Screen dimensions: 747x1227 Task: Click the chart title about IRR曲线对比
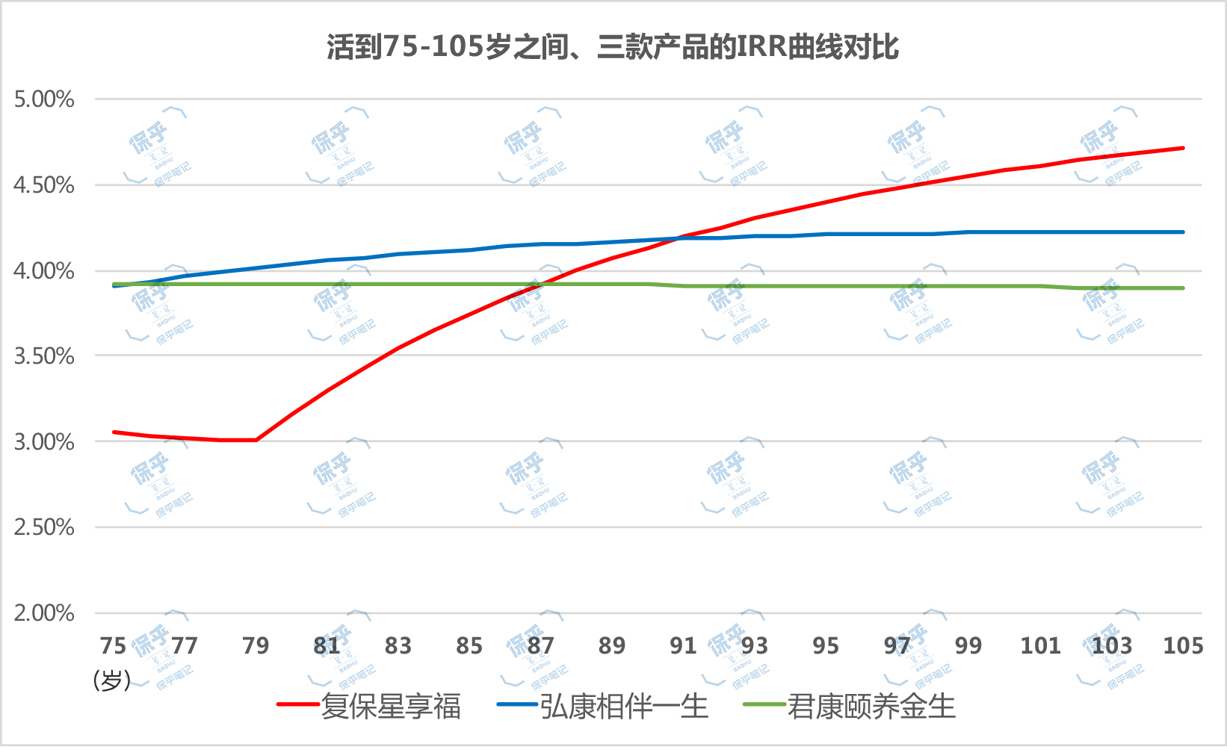pyautogui.click(x=613, y=47)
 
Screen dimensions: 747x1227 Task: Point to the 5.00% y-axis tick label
pyautogui.click(x=44, y=99)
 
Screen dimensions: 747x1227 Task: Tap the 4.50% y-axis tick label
pyautogui.click(x=44, y=185)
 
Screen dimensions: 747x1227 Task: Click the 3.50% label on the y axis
pyautogui.click(x=44, y=356)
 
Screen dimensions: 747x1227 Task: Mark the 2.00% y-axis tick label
pyautogui.click(x=44, y=613)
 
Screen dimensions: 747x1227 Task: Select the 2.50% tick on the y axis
pyautogui.click(x=44, y=527)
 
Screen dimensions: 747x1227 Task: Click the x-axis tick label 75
pyautogui.click(x=113, y=645)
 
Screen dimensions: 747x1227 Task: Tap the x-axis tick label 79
pyautogui.click(x=256, y=645)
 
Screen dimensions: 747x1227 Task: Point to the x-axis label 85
pyautogui.click(x=469, y=645)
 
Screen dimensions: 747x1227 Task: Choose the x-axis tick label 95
pyautogui.click(x=826, y=645)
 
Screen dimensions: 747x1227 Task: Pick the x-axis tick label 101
pyautogui.click(x=1040, y=645)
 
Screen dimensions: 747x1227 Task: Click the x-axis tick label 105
pyautogui.click(x=1183, y=645)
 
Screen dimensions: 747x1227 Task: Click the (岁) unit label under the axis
pyautogui.click(x=112, y=680)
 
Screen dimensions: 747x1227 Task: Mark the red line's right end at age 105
pyautogui.click(x=1183, y=148)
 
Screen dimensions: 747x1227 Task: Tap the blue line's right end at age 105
pyautogui.click(x=1183, y=232)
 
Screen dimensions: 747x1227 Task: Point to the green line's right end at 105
pyautogui.click(x=1183, y=288)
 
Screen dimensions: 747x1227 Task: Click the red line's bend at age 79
pyautogui.click(x=256, y=440)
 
